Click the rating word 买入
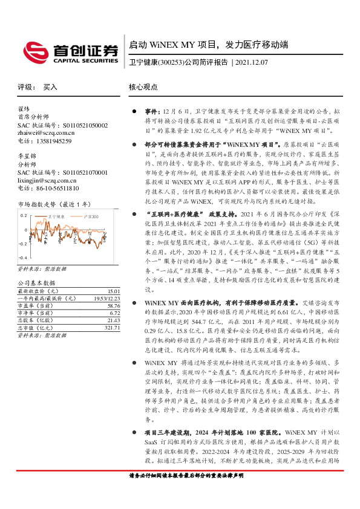(x=50, y=87)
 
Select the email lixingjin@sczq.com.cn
(x=46, y=180)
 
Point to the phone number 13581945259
(x=53, y=141)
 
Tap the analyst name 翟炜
(x=24, y=109)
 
